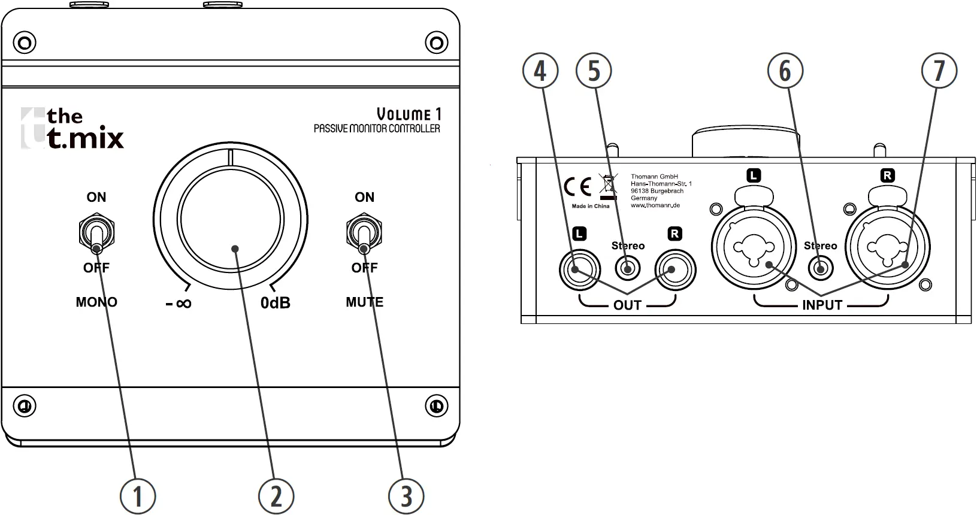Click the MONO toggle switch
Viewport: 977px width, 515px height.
pyautogui.click(x=96, y=234)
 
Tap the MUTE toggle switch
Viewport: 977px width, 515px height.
pyautogui.click(x=364, y=234)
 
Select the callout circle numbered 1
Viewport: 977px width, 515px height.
pyautogui.click(x=138, y=496)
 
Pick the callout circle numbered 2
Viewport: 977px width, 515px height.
pyautogui.click(x=276, y=496)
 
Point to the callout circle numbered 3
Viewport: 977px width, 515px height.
pyautogui.click(x=406, y=496)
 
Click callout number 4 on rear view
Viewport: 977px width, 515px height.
pyautogui.click(x=540, y=71)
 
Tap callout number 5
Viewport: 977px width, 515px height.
pyautogui.click(x=594, y=71)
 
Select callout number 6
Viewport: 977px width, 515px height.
pyautogui.click(x=785, y=71)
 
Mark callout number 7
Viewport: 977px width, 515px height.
pyautogui.click(x=939, y=71)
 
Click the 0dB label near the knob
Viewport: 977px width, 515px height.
pyautogui.click(x=276, y=303)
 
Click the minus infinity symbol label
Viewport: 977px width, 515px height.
pyautogui.click(x=179, y=304)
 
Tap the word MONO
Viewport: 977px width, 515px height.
pyautogui.click(x=96, y=302)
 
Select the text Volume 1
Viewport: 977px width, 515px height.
pyautogui.click(x=409, y=114)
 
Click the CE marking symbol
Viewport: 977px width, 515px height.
pyautogui.click(x=577, y=187)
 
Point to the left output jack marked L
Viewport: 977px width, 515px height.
pyautogui.click(x=579, y=269)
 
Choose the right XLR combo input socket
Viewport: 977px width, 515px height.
pyautogui.click(x=887, y=247)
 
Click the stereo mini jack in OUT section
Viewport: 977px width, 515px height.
pyautogui.click(x=627, y=268)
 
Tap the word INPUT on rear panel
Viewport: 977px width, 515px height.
pyautogui.click(x=822, y=305)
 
